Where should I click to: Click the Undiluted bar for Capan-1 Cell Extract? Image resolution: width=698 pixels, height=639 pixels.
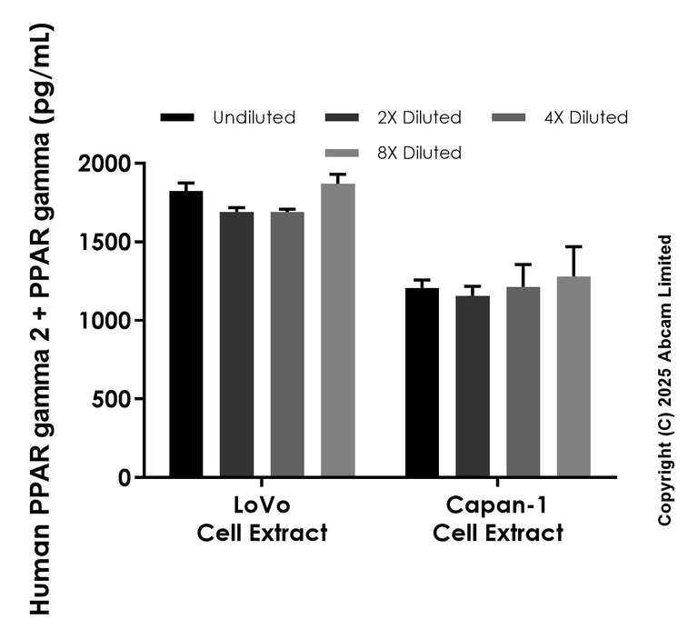pos(422,383)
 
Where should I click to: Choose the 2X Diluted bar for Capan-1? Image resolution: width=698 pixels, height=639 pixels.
pos(473,386)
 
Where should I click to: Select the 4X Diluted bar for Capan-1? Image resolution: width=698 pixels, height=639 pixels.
pos(523,382)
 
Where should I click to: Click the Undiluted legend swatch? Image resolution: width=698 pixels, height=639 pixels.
pos(177,117)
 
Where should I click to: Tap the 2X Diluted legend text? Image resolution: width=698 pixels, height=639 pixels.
pos(418,117)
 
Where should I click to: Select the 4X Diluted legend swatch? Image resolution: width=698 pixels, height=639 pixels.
pos(509,117)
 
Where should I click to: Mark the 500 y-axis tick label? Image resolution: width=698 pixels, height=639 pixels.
pos(111,398)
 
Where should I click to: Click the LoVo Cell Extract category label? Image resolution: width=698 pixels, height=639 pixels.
pos(262,519)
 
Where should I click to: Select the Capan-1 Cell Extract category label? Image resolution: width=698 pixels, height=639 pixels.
pos(497,519)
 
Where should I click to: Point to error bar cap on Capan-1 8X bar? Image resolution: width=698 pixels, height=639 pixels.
pos(573,246)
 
